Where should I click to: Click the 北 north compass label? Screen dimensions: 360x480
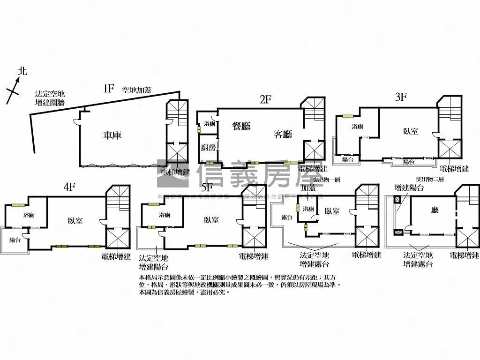pyautogui.click(x=22, y=71)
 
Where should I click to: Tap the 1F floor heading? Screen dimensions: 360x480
pyautogui.click(x=109, y=88)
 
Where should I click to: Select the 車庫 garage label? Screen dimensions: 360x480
pyautogui.click(x=112, y=135)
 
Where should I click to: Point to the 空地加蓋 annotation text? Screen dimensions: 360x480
pyautogui.click(x=136, y=90)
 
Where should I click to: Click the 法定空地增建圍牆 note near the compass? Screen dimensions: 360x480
pyautogui.click(x=50, y=98)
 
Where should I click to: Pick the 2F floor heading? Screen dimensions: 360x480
pyautogui.click(x=266, y=99)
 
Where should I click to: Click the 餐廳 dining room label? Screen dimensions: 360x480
pyautogui.click(x=242, y=126)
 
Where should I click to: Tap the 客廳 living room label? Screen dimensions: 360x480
pyautogui.click(x=283, y=135)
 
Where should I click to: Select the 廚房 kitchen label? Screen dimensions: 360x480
pyautogui.click(x=209, y=148)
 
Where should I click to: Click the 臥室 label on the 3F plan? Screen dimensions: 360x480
pyautogui.click(x=411, y=131)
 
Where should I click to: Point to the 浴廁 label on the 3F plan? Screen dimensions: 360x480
pyautogui.click(x=358, y=127)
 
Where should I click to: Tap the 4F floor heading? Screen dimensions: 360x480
pyautogui.click(x=69, y=187)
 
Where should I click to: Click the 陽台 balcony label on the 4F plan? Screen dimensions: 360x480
pyautogui.click(x=15, y=240)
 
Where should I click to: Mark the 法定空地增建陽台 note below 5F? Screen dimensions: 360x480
pyautogui.click(x=154, y=262)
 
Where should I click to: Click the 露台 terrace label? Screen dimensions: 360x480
pyautogui.click(x=287, y=217)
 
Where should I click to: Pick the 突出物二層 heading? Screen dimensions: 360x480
pyautogui.click(x=429, y=180)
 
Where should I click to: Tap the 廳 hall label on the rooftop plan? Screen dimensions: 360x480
pyautogui.click(x=435, y=210)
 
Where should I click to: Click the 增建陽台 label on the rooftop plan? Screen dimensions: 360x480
pyautogui.click(x=409, y=188)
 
